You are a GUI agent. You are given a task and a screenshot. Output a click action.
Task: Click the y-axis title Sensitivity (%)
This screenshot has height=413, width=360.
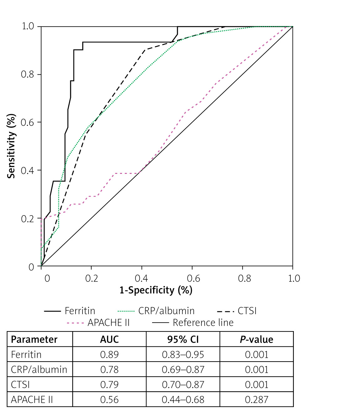[x=11, y=146]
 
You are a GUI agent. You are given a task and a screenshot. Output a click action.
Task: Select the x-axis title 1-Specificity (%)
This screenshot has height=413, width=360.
[x=156, y=290]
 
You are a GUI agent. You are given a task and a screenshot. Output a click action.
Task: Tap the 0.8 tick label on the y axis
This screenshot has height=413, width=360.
[x=27, y=74]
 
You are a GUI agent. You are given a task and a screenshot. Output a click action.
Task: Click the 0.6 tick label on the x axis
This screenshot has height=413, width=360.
[x=193, y=278]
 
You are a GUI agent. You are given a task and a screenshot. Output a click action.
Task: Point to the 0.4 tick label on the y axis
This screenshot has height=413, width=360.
[x=27, y=170]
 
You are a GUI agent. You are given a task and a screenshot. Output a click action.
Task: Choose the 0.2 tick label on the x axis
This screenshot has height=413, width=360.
[x=92, y=278]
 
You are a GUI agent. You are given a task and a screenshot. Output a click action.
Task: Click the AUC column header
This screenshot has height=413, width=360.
[x=109, y=340]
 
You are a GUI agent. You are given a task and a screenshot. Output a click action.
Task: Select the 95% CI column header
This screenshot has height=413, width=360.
[x=183, y=340]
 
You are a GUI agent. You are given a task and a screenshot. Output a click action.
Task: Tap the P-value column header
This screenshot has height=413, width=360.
[x=257, y=340]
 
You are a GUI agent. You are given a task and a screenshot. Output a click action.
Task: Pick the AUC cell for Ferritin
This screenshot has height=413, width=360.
[x=109, y=355]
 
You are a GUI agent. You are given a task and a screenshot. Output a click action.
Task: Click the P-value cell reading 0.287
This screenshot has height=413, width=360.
[x=257, y=400]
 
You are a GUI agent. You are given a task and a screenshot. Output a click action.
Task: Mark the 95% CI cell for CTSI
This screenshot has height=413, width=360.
[x=183, y=385]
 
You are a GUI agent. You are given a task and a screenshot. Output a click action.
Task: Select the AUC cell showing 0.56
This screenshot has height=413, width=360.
[x=109, y=400]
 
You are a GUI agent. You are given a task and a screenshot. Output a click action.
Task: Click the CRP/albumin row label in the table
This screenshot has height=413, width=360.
[x=39, y=370]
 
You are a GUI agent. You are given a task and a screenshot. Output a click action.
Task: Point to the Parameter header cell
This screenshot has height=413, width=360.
[x=34, y=340]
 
